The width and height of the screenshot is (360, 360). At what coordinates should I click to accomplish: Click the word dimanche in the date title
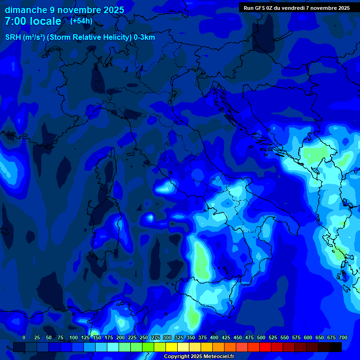click(x=26, y=10)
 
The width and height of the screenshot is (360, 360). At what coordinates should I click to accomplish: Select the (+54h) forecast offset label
click(x=81, y=21)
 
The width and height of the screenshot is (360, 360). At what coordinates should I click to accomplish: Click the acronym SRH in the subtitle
click(x=13, y=37)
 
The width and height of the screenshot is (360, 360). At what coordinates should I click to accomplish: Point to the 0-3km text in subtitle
click(x=144, y=37)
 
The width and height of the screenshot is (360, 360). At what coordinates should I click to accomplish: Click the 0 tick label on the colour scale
click(x=24, y=337)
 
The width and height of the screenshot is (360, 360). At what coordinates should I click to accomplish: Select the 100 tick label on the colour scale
click(x=74, y=337)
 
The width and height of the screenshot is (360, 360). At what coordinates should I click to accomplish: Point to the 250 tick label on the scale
click(x=144, y=337)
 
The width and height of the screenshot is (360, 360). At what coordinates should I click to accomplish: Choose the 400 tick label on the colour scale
click(x=214, y=337)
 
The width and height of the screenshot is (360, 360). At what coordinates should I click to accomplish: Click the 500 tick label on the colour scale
click(x=261, y=337)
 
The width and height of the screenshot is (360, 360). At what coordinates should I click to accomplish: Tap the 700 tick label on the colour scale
click(x=343, y=337)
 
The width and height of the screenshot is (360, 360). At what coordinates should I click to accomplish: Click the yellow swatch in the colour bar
click(x=172, y=347)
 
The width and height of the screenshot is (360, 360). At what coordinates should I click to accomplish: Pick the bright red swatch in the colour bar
click(x=265, y=347)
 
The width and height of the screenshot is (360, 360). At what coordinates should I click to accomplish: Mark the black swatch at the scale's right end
click(x=336, y=347)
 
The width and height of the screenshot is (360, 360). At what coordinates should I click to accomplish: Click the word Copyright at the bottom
click(x=178, y=357)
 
